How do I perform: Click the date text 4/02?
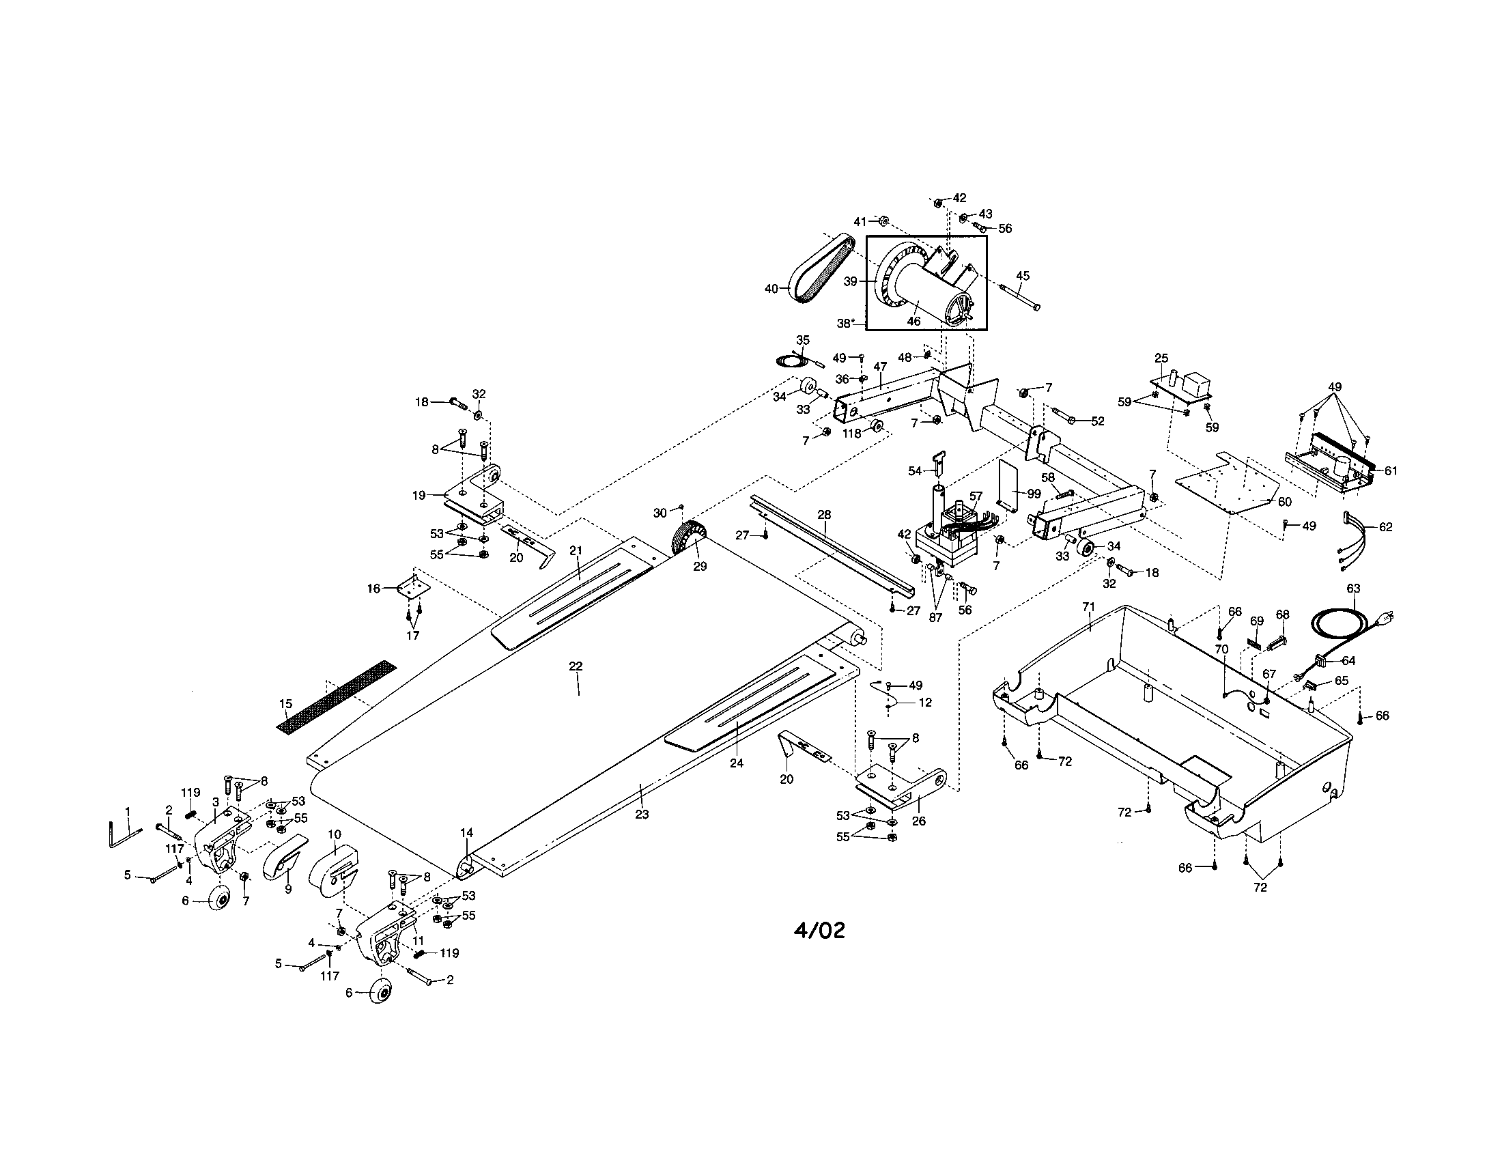coord(819,931)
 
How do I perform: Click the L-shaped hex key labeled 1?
coord(121,837)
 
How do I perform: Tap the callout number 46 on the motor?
coord(913,321)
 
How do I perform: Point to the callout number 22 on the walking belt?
coord(576,666)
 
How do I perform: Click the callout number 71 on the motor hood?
coord(1088,606)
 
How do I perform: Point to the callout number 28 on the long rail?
coord(824,515)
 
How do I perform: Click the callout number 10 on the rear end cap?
coord(335,834)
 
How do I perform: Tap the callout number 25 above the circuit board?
coord(1161,358)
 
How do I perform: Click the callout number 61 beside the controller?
coord(1391,471)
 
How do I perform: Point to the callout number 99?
coord(1034,494)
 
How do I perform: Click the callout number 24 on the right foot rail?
coord(737,763)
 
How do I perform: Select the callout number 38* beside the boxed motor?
coord(846,322)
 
